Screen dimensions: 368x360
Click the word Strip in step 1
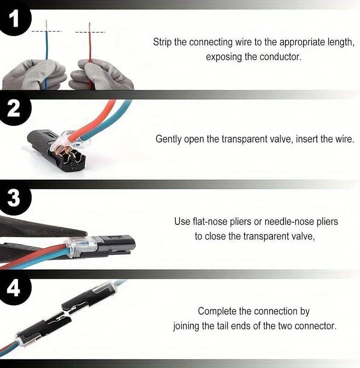pyautogui.click(x=163, y=42)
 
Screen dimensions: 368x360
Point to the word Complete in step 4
pyautogui.click(x=217, y=311)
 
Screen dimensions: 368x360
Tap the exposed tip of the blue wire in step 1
pyautogui.click(x=46, y=25)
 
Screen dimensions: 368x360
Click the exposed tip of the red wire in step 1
pyautogui.click(x=89, y=25)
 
